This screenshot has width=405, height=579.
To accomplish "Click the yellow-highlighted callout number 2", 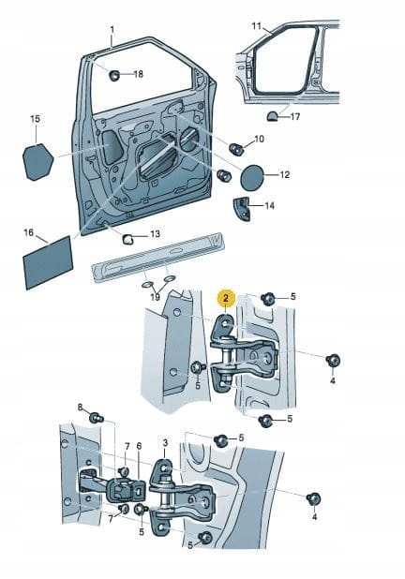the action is click(227, 298).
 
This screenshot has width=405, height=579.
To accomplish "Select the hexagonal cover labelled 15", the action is click(37, 162).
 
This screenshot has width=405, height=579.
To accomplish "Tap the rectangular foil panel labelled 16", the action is click(48, 263).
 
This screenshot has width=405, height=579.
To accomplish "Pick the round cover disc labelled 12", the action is click(252, 178).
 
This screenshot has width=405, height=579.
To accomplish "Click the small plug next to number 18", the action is click(114, 75).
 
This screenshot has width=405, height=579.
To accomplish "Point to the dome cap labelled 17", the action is click(273, 116).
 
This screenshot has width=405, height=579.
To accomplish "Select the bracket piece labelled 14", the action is click(242, 209).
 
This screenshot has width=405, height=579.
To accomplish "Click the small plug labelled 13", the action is click(128, 239).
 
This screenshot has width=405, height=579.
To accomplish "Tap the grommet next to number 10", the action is click(236, 149).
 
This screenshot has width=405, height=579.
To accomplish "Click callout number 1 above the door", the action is click(112, 30).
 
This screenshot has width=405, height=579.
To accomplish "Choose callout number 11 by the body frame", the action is click(257, 26).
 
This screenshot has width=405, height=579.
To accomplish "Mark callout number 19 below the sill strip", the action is click(156, 296).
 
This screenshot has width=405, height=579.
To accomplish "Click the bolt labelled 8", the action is click(97, 419).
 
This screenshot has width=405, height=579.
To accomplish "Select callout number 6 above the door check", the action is click(139, 447).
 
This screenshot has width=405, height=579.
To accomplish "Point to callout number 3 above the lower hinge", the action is click(165, 442).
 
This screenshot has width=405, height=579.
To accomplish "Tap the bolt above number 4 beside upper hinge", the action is click(334, 361).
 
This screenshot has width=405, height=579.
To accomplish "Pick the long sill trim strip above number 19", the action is click(157, 257).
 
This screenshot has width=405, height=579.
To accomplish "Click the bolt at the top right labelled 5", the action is click(267, 298).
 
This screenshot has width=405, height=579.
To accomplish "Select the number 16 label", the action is click(28, 232).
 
